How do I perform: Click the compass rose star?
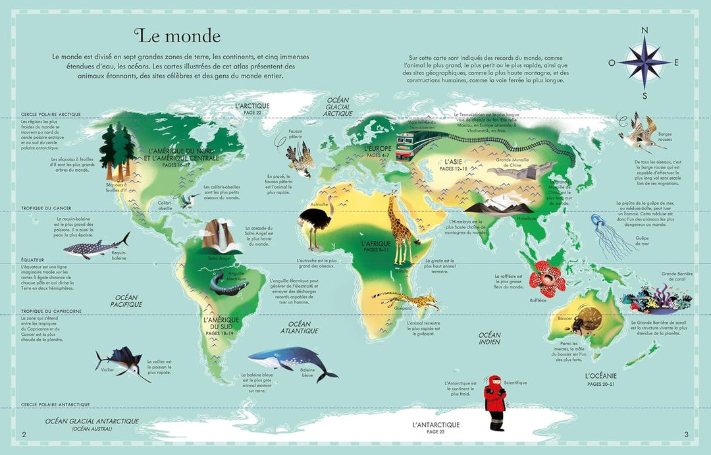[644, 62]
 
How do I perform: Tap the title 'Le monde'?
[177, 35]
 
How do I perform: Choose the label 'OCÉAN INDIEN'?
[490, 338]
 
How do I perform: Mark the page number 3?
[686, 434]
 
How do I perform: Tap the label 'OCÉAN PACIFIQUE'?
[126, 301]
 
